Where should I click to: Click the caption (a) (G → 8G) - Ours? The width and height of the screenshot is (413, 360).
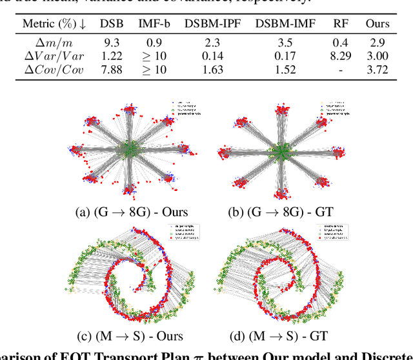pyautogui.click(x=130, y=211)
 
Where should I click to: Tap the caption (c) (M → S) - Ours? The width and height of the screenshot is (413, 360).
pyautogui.click(x=130, y=336)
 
